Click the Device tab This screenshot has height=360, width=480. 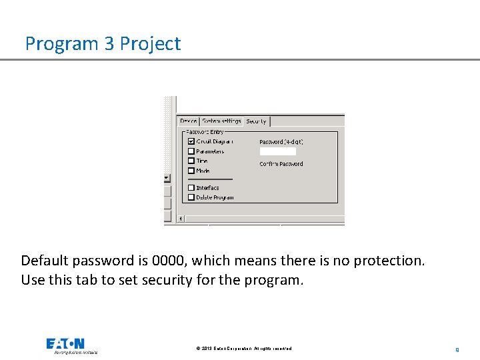tap(188, 121)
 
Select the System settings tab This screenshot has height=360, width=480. tap(221, 121)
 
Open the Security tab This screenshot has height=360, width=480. tap(256, 121)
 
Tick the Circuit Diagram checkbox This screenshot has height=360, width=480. tap(191, 141)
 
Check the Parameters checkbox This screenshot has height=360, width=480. tap(191, 151)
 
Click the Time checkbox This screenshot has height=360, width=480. tap(191, 161)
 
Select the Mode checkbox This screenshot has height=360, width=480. tap(191, 171)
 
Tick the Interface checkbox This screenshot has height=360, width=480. tap(191, 188)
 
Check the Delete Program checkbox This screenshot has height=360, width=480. tap(191, 197)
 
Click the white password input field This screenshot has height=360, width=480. tap(277, 152)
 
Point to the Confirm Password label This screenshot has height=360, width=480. tap(281, 164)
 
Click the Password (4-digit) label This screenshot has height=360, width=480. tap(281, 142)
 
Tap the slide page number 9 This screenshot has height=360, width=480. tap(457, 349)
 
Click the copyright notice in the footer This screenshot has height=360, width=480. tap(243, 349)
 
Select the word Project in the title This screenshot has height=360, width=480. tap(150, 44)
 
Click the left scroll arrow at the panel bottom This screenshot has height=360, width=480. tap(181, 218)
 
